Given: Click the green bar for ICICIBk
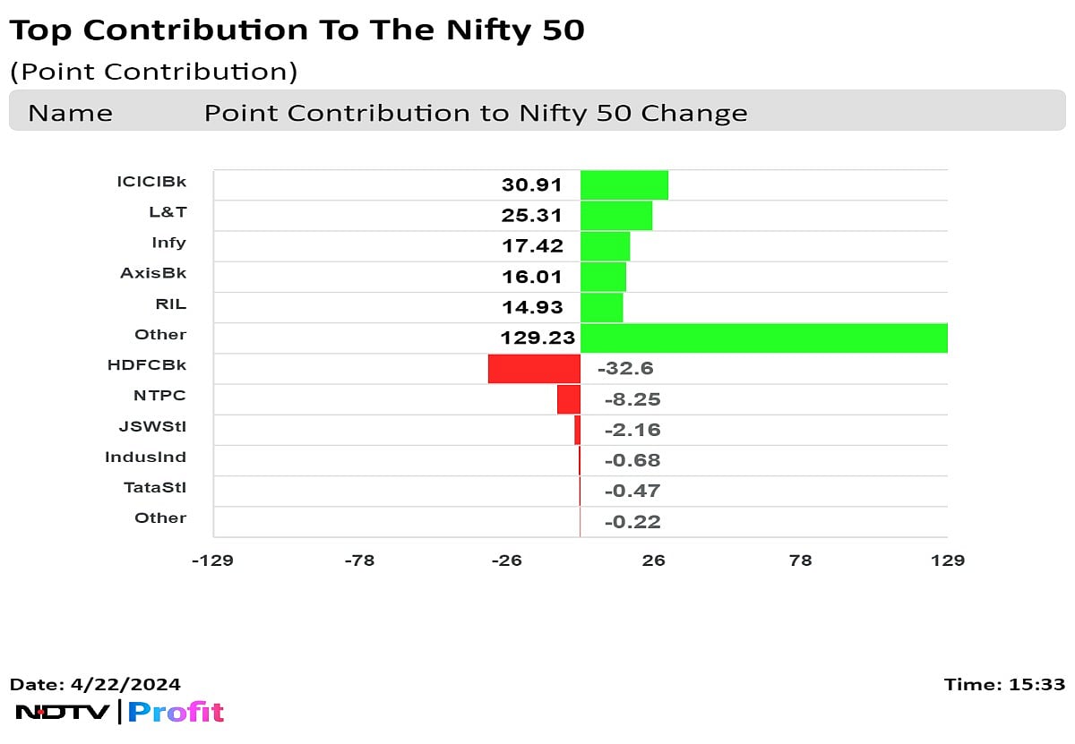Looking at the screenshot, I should pyautogui.click(x=624, y=185).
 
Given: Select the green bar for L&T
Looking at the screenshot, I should pyautogui.click(x=616, y=216).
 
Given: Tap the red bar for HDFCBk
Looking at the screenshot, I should pyautogui.click(x=534, y=369).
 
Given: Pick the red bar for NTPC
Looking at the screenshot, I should pyautogui.click(x=569, y=399).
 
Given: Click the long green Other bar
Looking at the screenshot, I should pyautogui.click(x=763, y=338).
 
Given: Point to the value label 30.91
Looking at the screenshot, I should pyautogui.click(x=532, y=185).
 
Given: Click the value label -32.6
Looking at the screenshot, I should pyautogui.click(x=632, y=369).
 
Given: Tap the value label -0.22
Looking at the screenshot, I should pyautogui.click(x=632, y=522).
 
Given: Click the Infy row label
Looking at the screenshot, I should pyautogui.click(x=168, y=243).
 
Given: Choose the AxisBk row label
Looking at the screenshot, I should pyautogui.click(x=153, y=273).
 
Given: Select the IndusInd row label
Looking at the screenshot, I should pyautogui.click(x=145, y=457).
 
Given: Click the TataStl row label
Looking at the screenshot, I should pyautogui.click(x=155, y=487).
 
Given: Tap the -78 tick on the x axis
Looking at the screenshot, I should pyautogui.click(x=359, y=560).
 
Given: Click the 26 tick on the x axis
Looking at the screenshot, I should pyautogui.click(x=654, y=560).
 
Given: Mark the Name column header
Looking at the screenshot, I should pyautogui.click(x=70, y=114).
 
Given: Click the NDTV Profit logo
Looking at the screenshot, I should pyautogui.click(x=120, y=713).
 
